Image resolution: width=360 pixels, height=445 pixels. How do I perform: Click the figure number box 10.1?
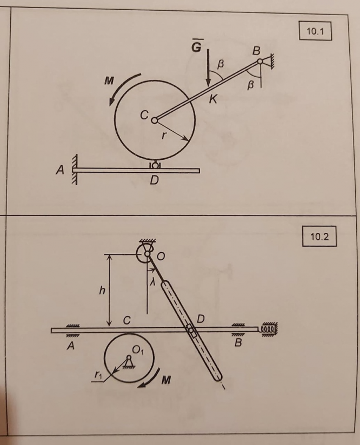[315, 31]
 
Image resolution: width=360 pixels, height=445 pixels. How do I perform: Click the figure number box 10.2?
[319, 236]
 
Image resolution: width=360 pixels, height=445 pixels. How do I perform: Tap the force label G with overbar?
[196, 46]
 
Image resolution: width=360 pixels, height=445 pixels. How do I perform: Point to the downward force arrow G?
[208, 68]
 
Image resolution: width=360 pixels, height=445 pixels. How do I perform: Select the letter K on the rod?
[213, 99]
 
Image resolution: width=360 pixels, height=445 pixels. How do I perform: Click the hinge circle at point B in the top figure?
[260, 62]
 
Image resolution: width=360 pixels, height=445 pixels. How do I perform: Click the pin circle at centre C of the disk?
[155, 120]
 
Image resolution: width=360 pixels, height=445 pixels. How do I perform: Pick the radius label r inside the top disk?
[163, 136]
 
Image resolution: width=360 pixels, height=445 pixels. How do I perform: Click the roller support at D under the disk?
[155, 165]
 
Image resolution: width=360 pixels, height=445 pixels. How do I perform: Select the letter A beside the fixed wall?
[59, 170]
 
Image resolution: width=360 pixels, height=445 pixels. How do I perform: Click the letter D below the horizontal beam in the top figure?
[154, 180]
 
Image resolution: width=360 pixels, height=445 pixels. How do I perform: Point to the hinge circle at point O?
[147, 254]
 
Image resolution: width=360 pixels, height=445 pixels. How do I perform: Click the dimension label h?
[102, 290]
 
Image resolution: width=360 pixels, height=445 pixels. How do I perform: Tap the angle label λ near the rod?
[153, 282]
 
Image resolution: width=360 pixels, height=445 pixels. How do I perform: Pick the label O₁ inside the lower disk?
[138, 350]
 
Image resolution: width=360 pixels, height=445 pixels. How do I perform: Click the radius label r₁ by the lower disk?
[97, 375]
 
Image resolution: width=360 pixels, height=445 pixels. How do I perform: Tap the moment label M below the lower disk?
[166, 380]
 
